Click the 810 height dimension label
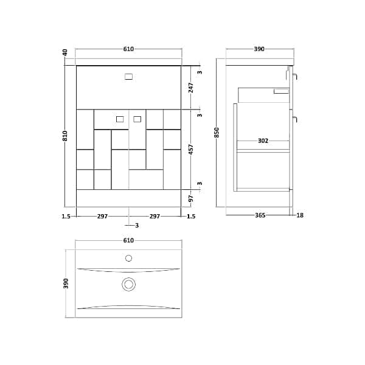click(x=65, y=136)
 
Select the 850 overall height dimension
click(x=217, y=132)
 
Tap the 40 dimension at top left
click(x=65, y=52)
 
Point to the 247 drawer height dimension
click(x=191, y=88)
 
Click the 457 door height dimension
click(x=191, y=150)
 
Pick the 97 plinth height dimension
click(x=191, y=198)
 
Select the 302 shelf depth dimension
click(x=263, y=141)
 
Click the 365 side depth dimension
click(x=260, y=215)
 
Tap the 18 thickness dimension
click(x=300, y=215)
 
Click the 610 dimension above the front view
click(x=128, y=49)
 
